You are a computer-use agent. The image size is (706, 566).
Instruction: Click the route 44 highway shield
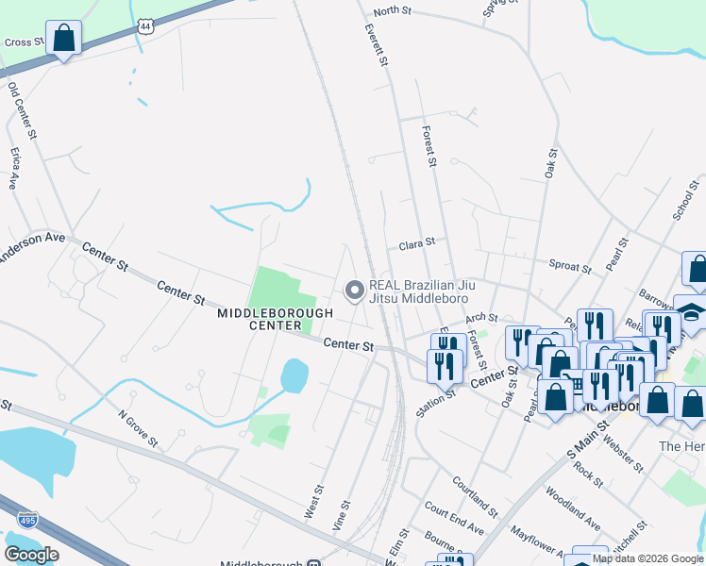pos(144,26)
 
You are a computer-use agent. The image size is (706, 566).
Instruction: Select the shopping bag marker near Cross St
pos(64,39)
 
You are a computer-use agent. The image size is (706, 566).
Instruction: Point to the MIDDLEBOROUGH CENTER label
pos(275,319)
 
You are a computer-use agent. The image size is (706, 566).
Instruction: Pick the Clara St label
pos(416,242)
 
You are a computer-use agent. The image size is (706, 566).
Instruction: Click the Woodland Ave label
pos(573,508)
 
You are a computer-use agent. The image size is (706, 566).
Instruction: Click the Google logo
pos(31,554)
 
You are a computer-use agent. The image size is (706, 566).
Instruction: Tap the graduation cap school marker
pos(692,312)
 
